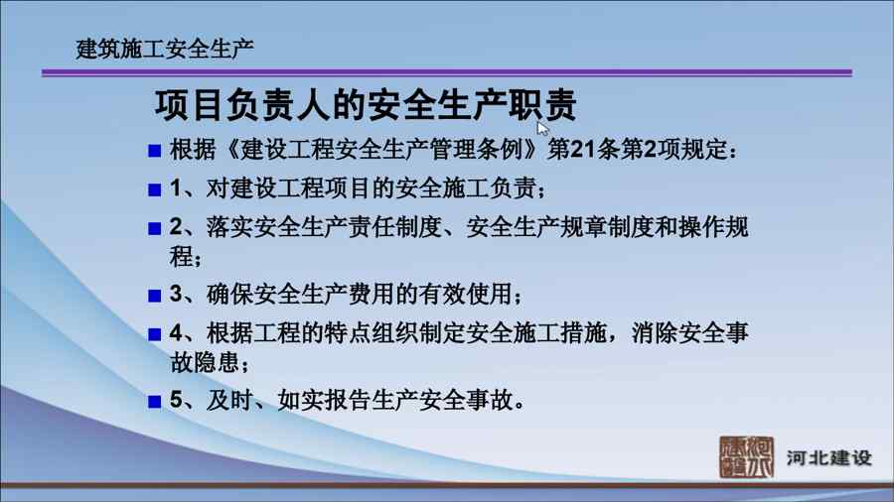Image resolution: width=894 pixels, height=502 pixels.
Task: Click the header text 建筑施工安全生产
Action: (165, 49)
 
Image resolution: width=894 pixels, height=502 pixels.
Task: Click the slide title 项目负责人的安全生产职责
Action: (366, 105)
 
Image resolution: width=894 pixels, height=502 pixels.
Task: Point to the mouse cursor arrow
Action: (542, 128)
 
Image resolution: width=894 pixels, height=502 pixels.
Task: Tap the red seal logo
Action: (746, 456)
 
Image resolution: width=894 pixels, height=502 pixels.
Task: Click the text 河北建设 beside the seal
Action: (829, 457)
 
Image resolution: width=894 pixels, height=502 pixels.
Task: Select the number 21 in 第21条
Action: (583, 150)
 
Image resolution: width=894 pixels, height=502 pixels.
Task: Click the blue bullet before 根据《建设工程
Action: (155, 151)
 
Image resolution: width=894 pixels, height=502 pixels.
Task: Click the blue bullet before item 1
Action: (155, 189)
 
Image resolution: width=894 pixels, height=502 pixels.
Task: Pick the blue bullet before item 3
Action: (155, 296)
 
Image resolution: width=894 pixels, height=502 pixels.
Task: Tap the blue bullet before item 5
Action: (155, 401)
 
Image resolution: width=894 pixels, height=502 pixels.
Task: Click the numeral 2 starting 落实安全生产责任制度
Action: (176, 227)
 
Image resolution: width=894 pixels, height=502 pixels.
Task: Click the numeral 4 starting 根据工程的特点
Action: (176, 333)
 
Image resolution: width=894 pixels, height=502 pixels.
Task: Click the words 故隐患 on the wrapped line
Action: (205, 362)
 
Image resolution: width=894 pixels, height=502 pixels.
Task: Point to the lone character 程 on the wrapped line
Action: (182, 256)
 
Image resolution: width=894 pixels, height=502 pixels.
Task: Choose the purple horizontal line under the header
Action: (447, 72)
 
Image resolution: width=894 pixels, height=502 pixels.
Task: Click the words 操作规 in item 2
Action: (713, 227)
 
